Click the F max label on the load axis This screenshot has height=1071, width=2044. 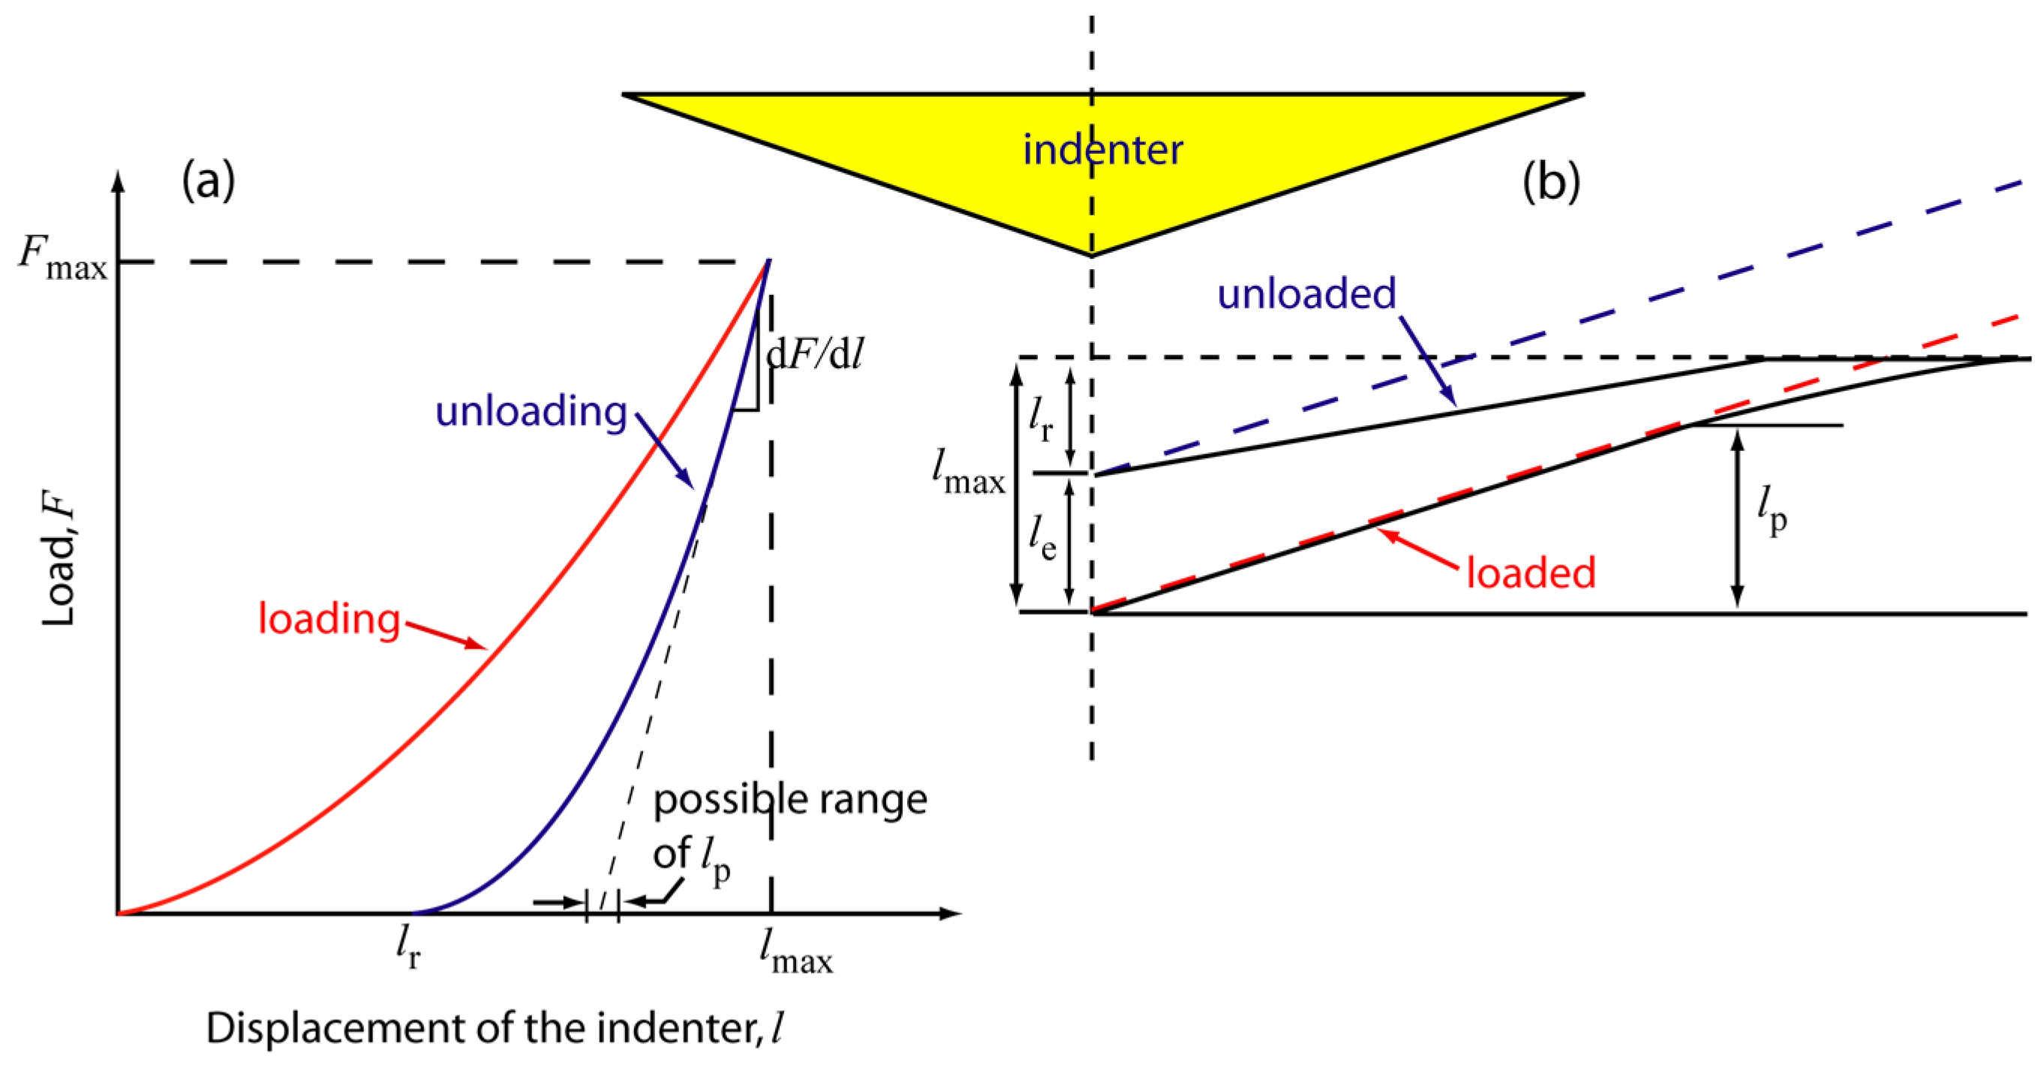pyautogui.click(x=62, y=259)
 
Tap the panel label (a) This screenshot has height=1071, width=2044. pyautogui.click(x=208, y=180)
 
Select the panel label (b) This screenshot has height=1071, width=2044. pyautogui.click(x=1550, y=181)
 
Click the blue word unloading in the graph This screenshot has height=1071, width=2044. pyautogui.click(x=531, y=411)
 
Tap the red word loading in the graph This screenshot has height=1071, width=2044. pyautogui.click(x=329, y=618)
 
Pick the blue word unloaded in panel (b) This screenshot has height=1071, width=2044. pyautogui.click(x=1306, y=293)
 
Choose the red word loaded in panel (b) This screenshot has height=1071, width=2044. pyautogui.click(x=1530, y=572)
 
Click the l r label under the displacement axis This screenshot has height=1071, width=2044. pyautogui.click(x=408, y=948)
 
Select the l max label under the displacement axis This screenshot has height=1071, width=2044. pyautogui.click(x=795, y=951)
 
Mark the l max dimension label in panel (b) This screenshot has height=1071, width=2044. pyautogui.click(x=968, y=472)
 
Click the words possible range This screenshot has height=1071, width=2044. pyautogui.click(x=789, y=799)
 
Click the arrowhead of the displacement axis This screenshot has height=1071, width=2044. pyautogui.click(x=952, y=913)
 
